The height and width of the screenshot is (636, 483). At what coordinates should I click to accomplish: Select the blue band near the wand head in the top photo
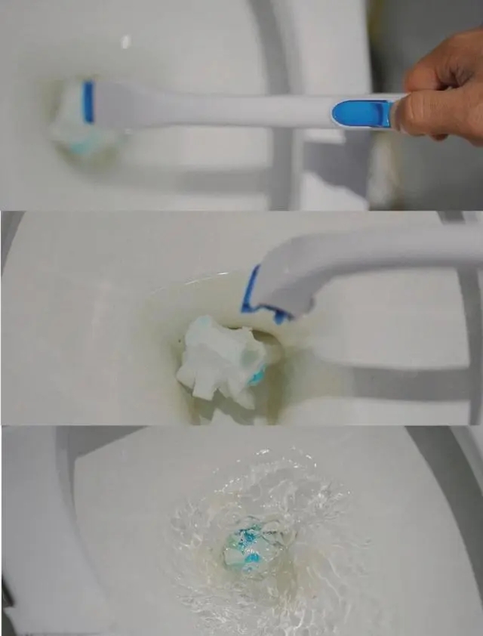[88, 102]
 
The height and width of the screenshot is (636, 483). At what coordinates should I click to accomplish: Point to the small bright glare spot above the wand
[125, 42]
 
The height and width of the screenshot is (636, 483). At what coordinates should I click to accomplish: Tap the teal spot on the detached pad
[257, 376]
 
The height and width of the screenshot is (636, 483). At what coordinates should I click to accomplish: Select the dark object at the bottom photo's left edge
[6, 604]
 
